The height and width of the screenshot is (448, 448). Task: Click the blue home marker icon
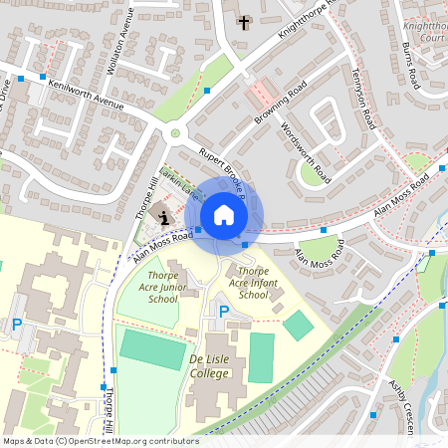coord(224,215)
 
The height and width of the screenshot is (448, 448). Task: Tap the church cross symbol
coord(243,21)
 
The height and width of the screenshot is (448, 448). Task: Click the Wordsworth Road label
coord(306,153)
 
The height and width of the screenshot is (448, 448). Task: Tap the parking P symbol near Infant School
coord(223,312)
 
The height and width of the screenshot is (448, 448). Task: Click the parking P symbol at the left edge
coord(16,325)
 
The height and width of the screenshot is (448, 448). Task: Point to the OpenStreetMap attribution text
coord(101,440)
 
